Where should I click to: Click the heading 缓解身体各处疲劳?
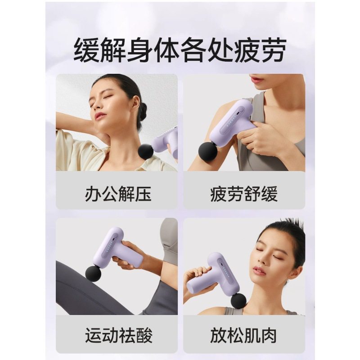pos(180,51)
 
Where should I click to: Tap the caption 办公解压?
pos(118,194)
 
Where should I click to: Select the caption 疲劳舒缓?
pos(243,194)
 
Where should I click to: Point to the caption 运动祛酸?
pos(118,335)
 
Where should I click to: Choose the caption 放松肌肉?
pos(243,335)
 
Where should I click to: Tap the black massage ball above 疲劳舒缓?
pos(207,152)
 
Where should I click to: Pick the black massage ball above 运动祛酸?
pos(94,273)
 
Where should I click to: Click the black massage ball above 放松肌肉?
pos(238,301)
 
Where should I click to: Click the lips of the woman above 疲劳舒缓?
pos(256,79)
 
